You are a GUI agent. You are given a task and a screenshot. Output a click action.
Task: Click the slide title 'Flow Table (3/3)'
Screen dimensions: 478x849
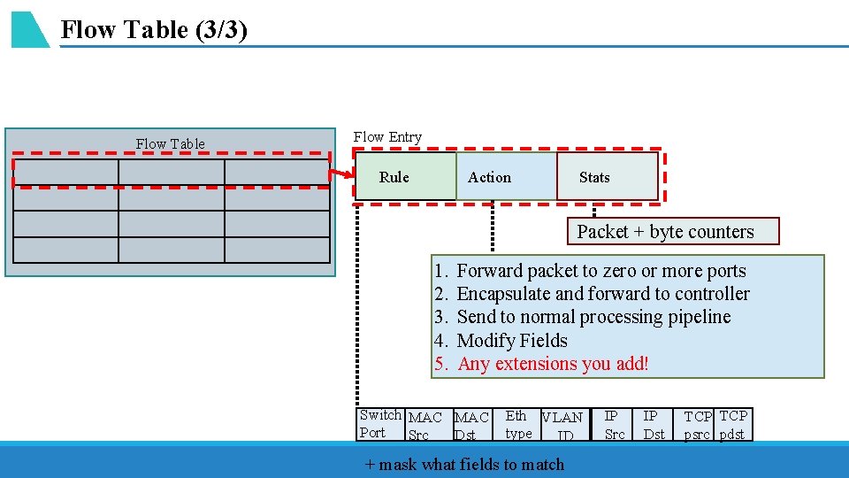click(154, 30)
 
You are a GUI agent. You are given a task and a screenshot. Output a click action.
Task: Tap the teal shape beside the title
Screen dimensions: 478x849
click(28, 30)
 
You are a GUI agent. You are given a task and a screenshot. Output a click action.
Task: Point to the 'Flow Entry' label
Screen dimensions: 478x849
click(387, 137)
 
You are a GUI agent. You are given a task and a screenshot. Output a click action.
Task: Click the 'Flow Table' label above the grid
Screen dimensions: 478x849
click(170, 143)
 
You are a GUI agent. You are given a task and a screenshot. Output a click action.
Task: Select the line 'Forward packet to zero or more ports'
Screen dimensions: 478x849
click(600, 271)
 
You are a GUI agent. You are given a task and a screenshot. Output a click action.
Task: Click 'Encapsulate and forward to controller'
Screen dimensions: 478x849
click(602, 294)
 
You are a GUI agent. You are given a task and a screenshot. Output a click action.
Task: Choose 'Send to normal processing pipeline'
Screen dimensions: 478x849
click(593, 317)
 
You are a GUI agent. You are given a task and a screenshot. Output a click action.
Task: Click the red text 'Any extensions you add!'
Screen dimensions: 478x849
click(553, 364)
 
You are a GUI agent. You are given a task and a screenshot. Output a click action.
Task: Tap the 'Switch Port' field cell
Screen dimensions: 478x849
click(380, 424)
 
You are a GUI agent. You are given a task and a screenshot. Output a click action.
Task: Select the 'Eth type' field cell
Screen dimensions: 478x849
click(518, 424)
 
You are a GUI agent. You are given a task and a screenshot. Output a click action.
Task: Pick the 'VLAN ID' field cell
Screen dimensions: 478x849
click(563, 425)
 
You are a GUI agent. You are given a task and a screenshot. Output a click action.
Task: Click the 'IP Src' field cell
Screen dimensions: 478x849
click(615, 424)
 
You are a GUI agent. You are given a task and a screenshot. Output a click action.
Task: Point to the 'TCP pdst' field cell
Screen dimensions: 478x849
click(733, 424)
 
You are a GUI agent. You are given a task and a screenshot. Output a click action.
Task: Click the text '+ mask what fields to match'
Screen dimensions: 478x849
click(464, 464)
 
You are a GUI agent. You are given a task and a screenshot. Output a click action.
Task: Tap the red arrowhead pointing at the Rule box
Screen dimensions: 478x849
click(347, 175)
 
